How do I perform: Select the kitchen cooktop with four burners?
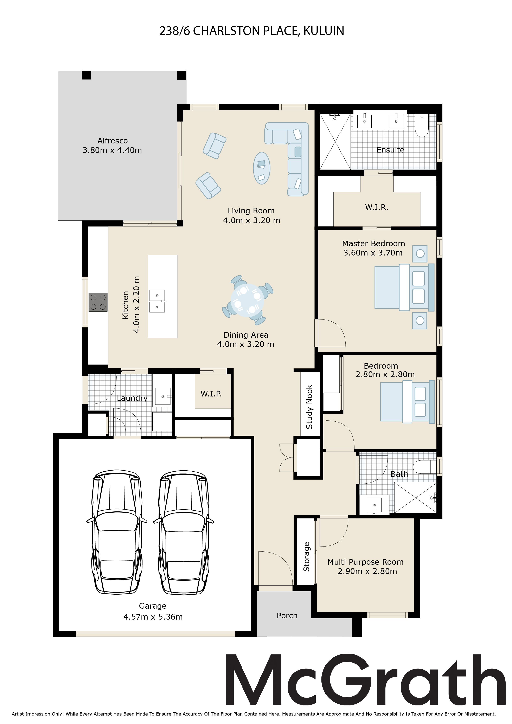point(98,302)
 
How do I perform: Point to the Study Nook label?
point(309,407)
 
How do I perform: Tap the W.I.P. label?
point(211,394)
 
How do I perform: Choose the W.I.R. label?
point(377,207)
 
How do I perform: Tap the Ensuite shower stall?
point(335,142)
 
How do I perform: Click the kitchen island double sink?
point(157,301)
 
